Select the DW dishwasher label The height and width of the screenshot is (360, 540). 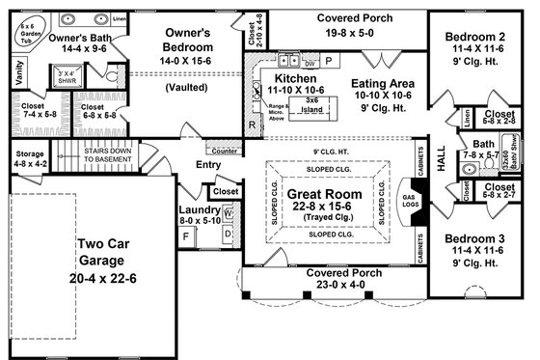pos(310,60)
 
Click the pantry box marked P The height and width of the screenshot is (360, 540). pos(329,59)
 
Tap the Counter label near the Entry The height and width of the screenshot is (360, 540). pos(224,152)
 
